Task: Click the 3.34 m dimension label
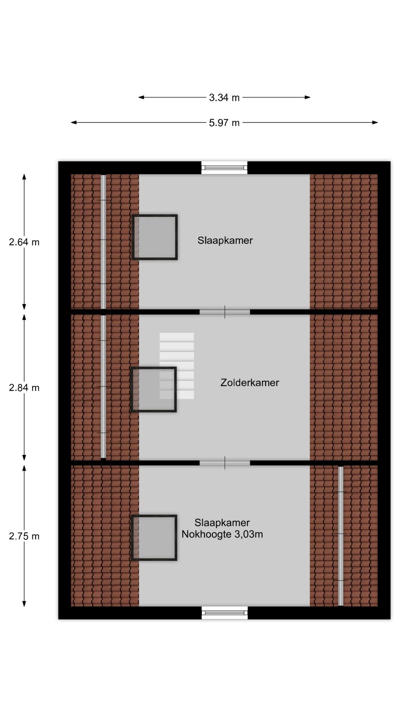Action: point(224,98)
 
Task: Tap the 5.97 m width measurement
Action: point(224,123)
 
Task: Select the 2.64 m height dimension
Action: point(24,242)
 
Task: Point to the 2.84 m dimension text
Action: point(24,388)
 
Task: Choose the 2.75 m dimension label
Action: point(24,536)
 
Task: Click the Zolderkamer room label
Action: point(250,383)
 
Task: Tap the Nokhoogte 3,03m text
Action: point(222,534)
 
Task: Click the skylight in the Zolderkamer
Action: point(153,390)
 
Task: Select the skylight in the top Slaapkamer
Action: point(155,237)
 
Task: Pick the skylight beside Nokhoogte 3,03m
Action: point(154,538)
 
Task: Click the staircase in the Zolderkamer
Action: point(177,366)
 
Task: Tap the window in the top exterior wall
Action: point(224,168)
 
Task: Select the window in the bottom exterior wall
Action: point(225,613)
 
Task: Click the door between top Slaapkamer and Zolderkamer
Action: point(225,312)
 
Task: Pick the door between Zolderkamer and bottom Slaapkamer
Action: point(225,463)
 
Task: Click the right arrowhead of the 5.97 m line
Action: point(375,122)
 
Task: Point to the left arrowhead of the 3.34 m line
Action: point(141,97)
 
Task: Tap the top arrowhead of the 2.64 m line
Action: point(24,177)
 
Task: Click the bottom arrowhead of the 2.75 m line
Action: point(24,603)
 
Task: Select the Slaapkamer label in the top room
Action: point(225,241)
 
